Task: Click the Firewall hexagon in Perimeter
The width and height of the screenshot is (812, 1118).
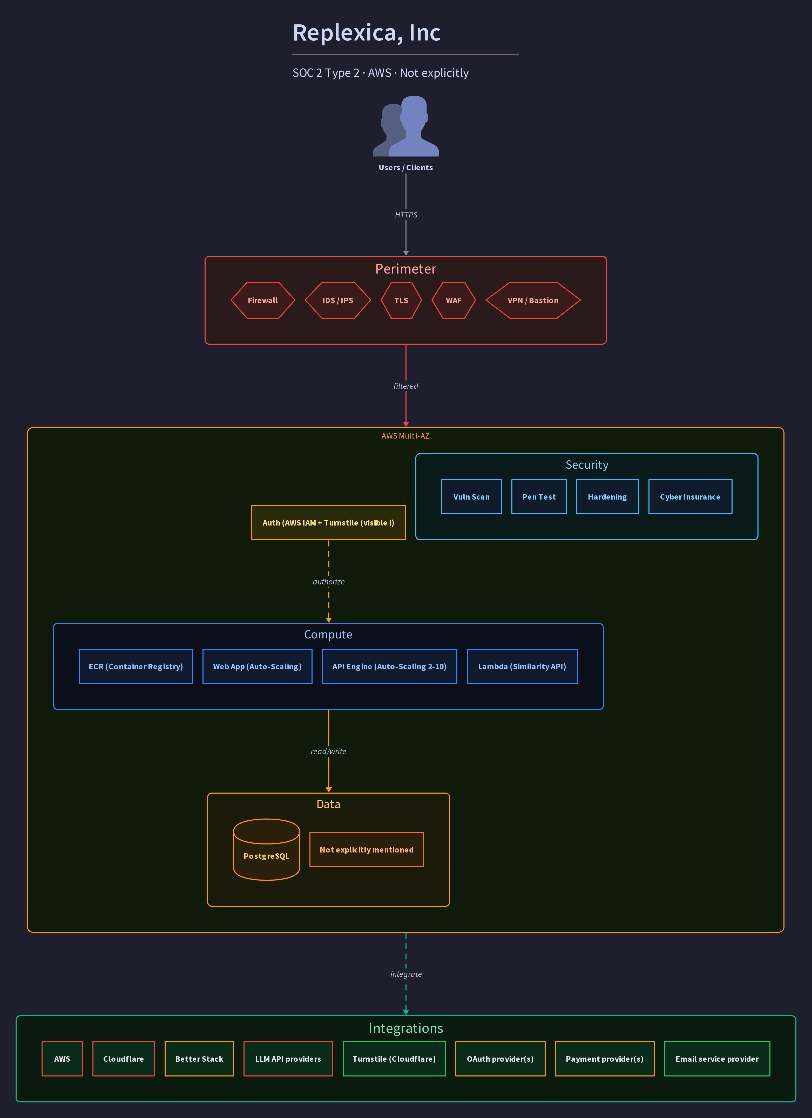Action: pos(263,300)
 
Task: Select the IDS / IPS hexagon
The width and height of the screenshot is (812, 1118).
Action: pos(338,300)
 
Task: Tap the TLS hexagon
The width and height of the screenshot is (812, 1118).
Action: pos(401,300)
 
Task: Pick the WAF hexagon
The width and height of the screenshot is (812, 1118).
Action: pos(454,300)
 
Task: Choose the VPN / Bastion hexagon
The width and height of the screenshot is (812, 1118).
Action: pos(533,300)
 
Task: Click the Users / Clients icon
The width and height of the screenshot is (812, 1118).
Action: pos(406,126)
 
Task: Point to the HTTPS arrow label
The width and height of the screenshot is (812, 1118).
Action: pos(406,215)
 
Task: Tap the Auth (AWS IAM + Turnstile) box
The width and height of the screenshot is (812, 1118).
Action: pos(328,522)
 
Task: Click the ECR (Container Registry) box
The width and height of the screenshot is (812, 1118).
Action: pos(136,666)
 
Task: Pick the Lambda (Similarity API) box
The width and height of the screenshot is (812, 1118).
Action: pos(522,666)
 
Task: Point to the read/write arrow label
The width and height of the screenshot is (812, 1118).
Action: pos(328,751)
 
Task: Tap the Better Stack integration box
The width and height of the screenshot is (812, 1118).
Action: pos(199,1059)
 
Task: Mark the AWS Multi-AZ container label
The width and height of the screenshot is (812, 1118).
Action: pos(405,436)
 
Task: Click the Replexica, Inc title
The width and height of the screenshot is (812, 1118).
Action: pos(366,33)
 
